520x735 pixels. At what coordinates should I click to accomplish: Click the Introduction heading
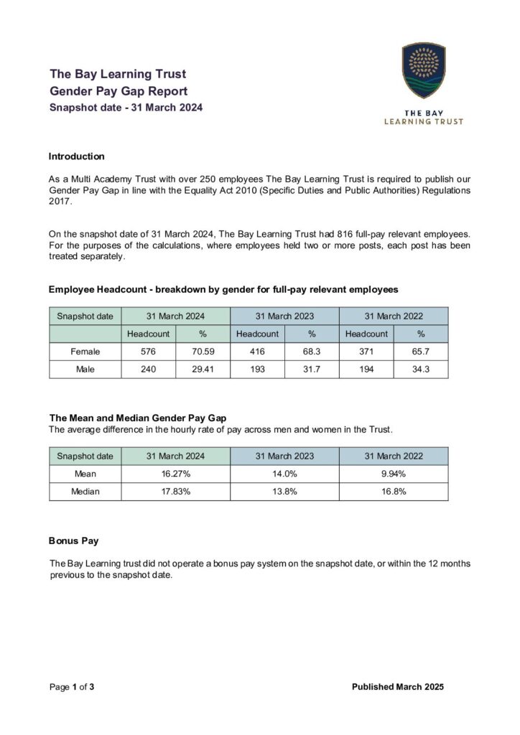click(x=76, y=156)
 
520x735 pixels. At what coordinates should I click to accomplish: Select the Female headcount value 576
click(x=148, y=352)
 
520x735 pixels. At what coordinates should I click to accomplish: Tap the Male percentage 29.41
click(x=203, y=370)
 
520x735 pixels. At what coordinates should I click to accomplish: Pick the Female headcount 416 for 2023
click(x=257, y=352)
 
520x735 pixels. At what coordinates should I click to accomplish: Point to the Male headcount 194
click(x=366, y=370)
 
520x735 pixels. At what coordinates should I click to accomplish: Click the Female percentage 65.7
click(x=421, y=352)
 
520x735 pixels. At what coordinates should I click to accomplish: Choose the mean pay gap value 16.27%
click(x=175, y=474)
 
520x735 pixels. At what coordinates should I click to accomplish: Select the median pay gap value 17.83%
click(x=175, y=492)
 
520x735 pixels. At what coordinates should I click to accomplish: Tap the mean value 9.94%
click(x=394, y=474)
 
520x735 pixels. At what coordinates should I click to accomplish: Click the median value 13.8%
click(x=284, y=492)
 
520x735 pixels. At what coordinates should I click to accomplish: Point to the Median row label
click(x=85, y=492)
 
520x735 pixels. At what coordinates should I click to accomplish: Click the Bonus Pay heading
click(x=73, y=539)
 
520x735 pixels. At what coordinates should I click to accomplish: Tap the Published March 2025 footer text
click(x=398, y=687)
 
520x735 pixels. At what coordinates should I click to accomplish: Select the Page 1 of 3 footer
click(x=72, y=687)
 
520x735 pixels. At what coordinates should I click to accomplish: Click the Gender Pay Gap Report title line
click(x=119, y=91)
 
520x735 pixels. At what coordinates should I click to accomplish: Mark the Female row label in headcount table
click(x=85, y=352)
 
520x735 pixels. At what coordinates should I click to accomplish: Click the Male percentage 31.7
click(x=312, y=370)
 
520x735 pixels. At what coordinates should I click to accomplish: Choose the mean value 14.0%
click(x=284, y=474)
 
